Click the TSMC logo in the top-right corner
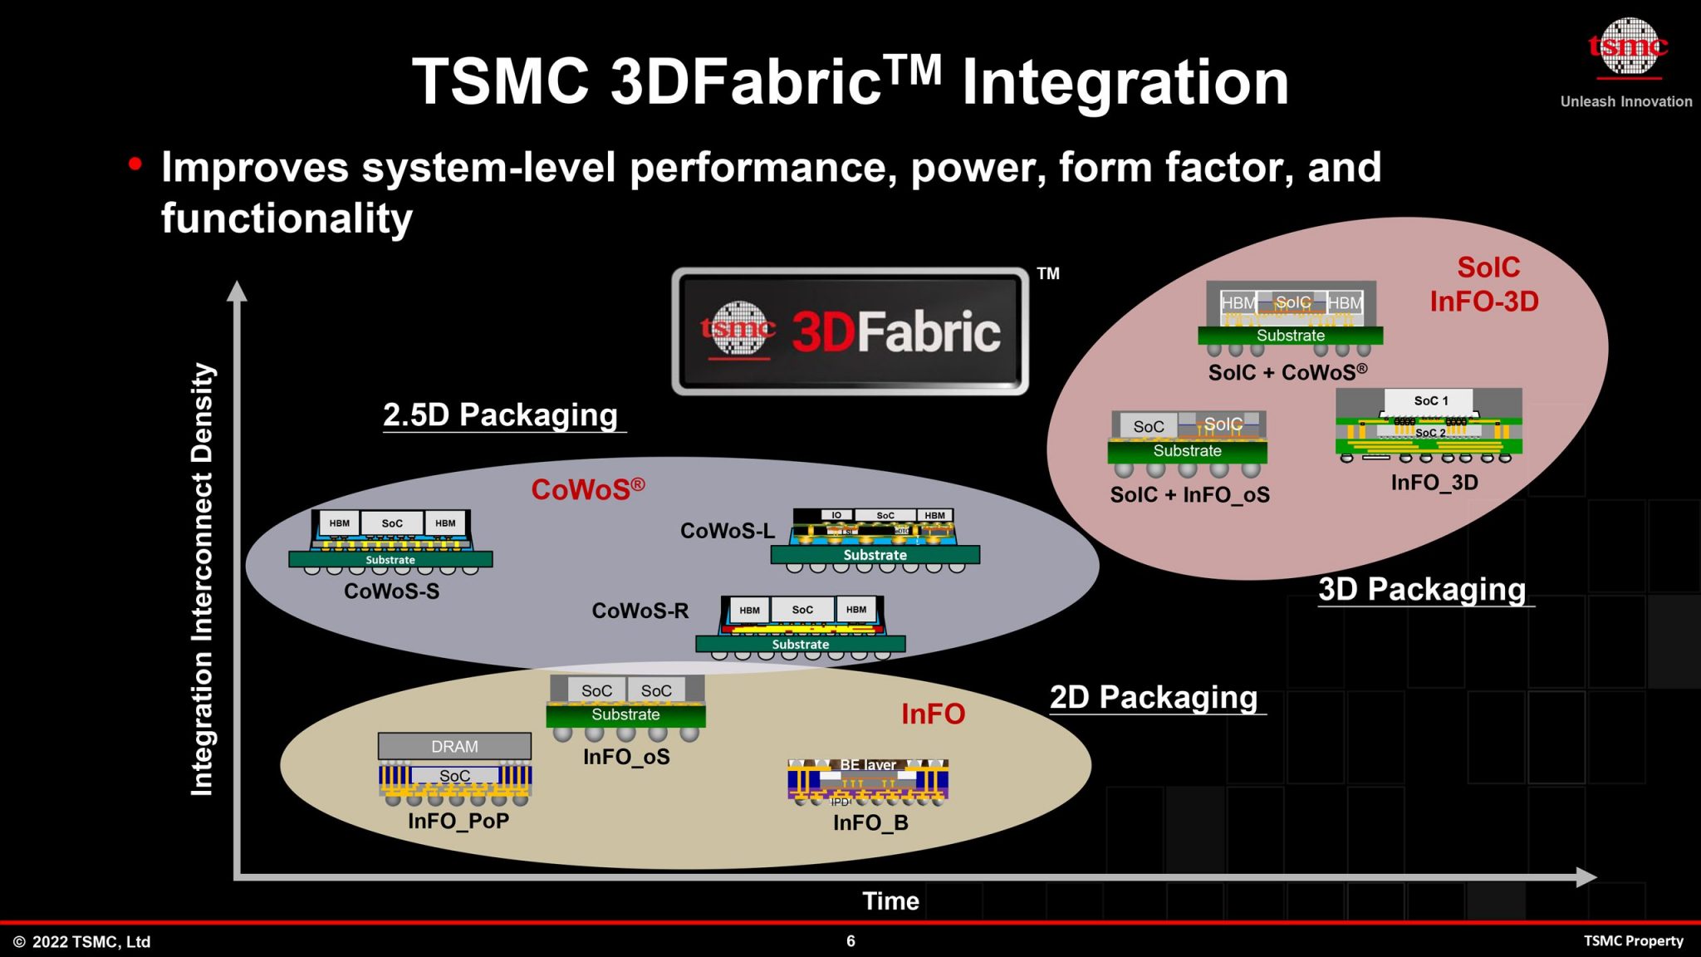coord(1627,48)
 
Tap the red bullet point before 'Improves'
coord(135,164)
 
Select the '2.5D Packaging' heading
coord(501,415)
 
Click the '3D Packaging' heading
coord(1422,589)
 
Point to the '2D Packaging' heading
coord(1154,697)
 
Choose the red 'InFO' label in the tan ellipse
coord(933,714)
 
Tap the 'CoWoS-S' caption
coord(391,591)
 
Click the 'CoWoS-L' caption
coord(727,531)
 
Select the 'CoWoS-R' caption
coord(640,611)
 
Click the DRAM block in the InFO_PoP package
coord(454,746)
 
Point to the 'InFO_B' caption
coord(870,822)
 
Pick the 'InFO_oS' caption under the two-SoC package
coord(626,757)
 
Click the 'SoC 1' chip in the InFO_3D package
coord(1430,400)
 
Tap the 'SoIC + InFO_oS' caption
coord(1189,495)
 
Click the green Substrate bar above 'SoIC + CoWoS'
coord(1290,336)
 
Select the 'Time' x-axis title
coord(890,901)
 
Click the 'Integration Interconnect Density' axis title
coord(203,579)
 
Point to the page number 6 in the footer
coord(850,940)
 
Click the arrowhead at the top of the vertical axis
coord(238,291)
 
